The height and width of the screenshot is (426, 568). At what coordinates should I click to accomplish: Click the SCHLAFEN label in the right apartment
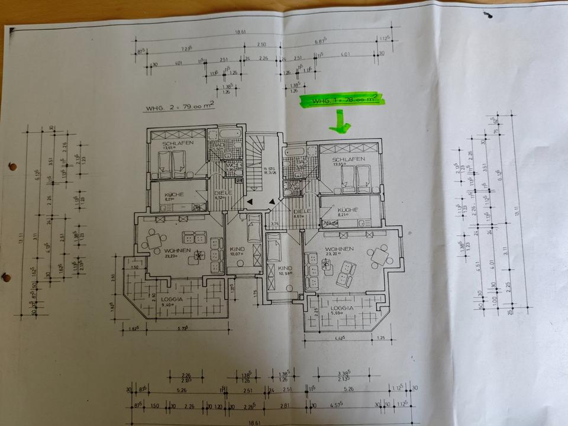(347, 160)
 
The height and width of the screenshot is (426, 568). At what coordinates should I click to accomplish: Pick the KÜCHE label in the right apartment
(349, 210)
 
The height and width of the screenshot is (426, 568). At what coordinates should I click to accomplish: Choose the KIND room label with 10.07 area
(237, 250)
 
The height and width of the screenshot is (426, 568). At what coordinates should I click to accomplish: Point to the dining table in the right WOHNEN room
(377, 255)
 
